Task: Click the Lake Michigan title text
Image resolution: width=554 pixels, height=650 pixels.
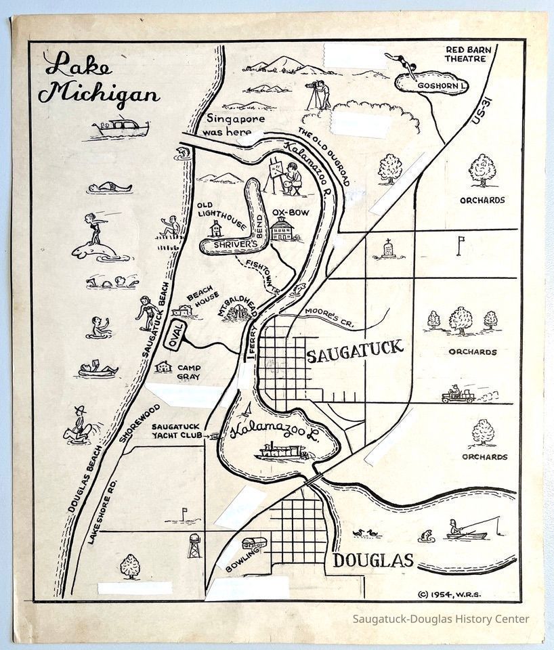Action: (x=102, y=79)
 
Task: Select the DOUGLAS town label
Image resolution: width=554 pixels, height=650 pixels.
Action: (x=372, y=561)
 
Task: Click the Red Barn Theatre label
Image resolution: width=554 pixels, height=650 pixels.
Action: (x=467, y=54)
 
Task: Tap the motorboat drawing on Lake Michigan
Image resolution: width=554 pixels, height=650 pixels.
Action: (x=115, y=127)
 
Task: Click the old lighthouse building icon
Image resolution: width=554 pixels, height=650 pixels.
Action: (x=216, y=227)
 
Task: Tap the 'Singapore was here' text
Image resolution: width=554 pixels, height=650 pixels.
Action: (x=228, y=126)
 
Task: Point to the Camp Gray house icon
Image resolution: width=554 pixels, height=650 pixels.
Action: (x=163, y=366)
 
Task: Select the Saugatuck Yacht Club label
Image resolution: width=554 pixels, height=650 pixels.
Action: (x=174, y=432)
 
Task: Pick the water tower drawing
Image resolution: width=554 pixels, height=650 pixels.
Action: (x=195, y=546)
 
